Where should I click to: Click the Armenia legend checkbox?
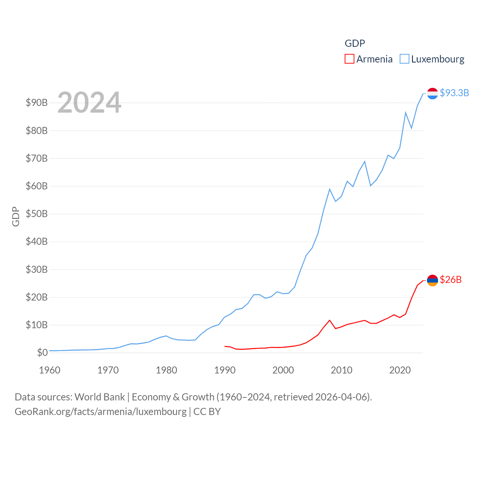(350, 59)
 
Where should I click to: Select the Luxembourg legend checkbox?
(405, 59)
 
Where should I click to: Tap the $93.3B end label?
(454, 93)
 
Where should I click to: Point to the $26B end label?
(451, 280)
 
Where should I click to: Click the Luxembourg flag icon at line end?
(433, 94)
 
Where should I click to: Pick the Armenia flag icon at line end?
(433, 280)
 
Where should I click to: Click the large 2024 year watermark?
(89, 102)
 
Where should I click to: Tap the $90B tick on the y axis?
(37, 103)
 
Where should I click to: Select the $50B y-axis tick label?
(37, 214)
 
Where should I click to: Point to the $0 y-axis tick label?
(42, 353)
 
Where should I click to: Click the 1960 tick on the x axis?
(49, 370)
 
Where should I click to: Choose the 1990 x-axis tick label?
(225, 370)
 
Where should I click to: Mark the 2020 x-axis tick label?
(400, 370)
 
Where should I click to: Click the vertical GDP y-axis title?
(16, 216)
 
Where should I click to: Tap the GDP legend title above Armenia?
(355, 43)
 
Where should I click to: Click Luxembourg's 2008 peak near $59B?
(330, 189)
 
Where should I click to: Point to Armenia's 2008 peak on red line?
(330, 320)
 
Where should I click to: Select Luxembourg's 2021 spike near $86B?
(406, 112)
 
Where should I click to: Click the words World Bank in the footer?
(100, 397)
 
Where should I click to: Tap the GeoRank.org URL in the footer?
(100, 412)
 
